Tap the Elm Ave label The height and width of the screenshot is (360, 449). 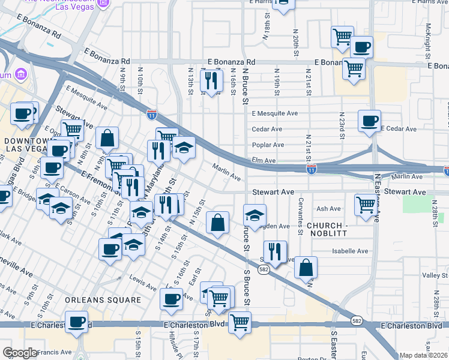pyautogui.click(x=265, y=161)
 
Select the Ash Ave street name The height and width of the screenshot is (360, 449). pyautogui.click(x=328, y=209)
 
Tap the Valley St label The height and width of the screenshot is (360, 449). pyautogui.click(x=435, y=275)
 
